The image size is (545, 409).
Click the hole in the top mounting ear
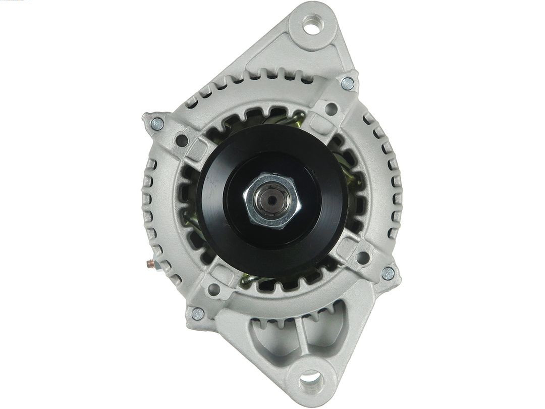point(311,24)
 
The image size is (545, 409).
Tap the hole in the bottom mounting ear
point(310,380)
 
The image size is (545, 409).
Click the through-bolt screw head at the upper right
point(347,84)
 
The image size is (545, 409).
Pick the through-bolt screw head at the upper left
point(157,123)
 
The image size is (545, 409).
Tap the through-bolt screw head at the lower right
point(388,273)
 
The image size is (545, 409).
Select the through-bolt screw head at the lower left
point(198,314)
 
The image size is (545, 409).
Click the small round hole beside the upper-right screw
point(331,108)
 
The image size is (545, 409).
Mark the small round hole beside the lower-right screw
point(362,257)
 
